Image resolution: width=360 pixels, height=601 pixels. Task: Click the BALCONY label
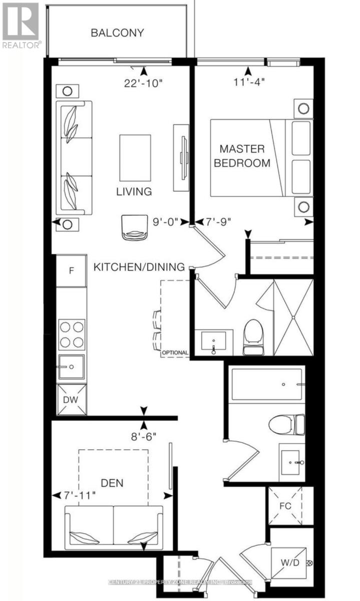pos(117,33)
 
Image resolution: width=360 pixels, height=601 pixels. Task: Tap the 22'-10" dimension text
pos(143,84)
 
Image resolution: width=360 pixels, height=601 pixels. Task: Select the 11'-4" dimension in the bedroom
pos(249,82)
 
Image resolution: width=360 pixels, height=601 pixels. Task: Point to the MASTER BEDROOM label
pos(242,156)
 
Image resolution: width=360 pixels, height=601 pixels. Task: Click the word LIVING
pos(134,191)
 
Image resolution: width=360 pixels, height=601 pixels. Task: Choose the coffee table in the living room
pos(135,158)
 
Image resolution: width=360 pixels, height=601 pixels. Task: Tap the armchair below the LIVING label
pos(135,227)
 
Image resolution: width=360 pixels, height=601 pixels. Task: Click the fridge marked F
pos(72,270)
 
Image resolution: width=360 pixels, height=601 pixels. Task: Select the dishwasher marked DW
pos(72,400)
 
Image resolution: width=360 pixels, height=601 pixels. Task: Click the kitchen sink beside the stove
pos(72,367)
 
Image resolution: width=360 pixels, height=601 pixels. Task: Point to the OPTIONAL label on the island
pos(175,353)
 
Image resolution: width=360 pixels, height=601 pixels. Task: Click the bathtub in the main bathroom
pos(267,384)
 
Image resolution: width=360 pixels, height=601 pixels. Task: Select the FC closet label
pos(285,506)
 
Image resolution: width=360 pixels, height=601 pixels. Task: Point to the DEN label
pos(112,483)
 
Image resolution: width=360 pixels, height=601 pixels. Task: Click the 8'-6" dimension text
pos(144,437)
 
